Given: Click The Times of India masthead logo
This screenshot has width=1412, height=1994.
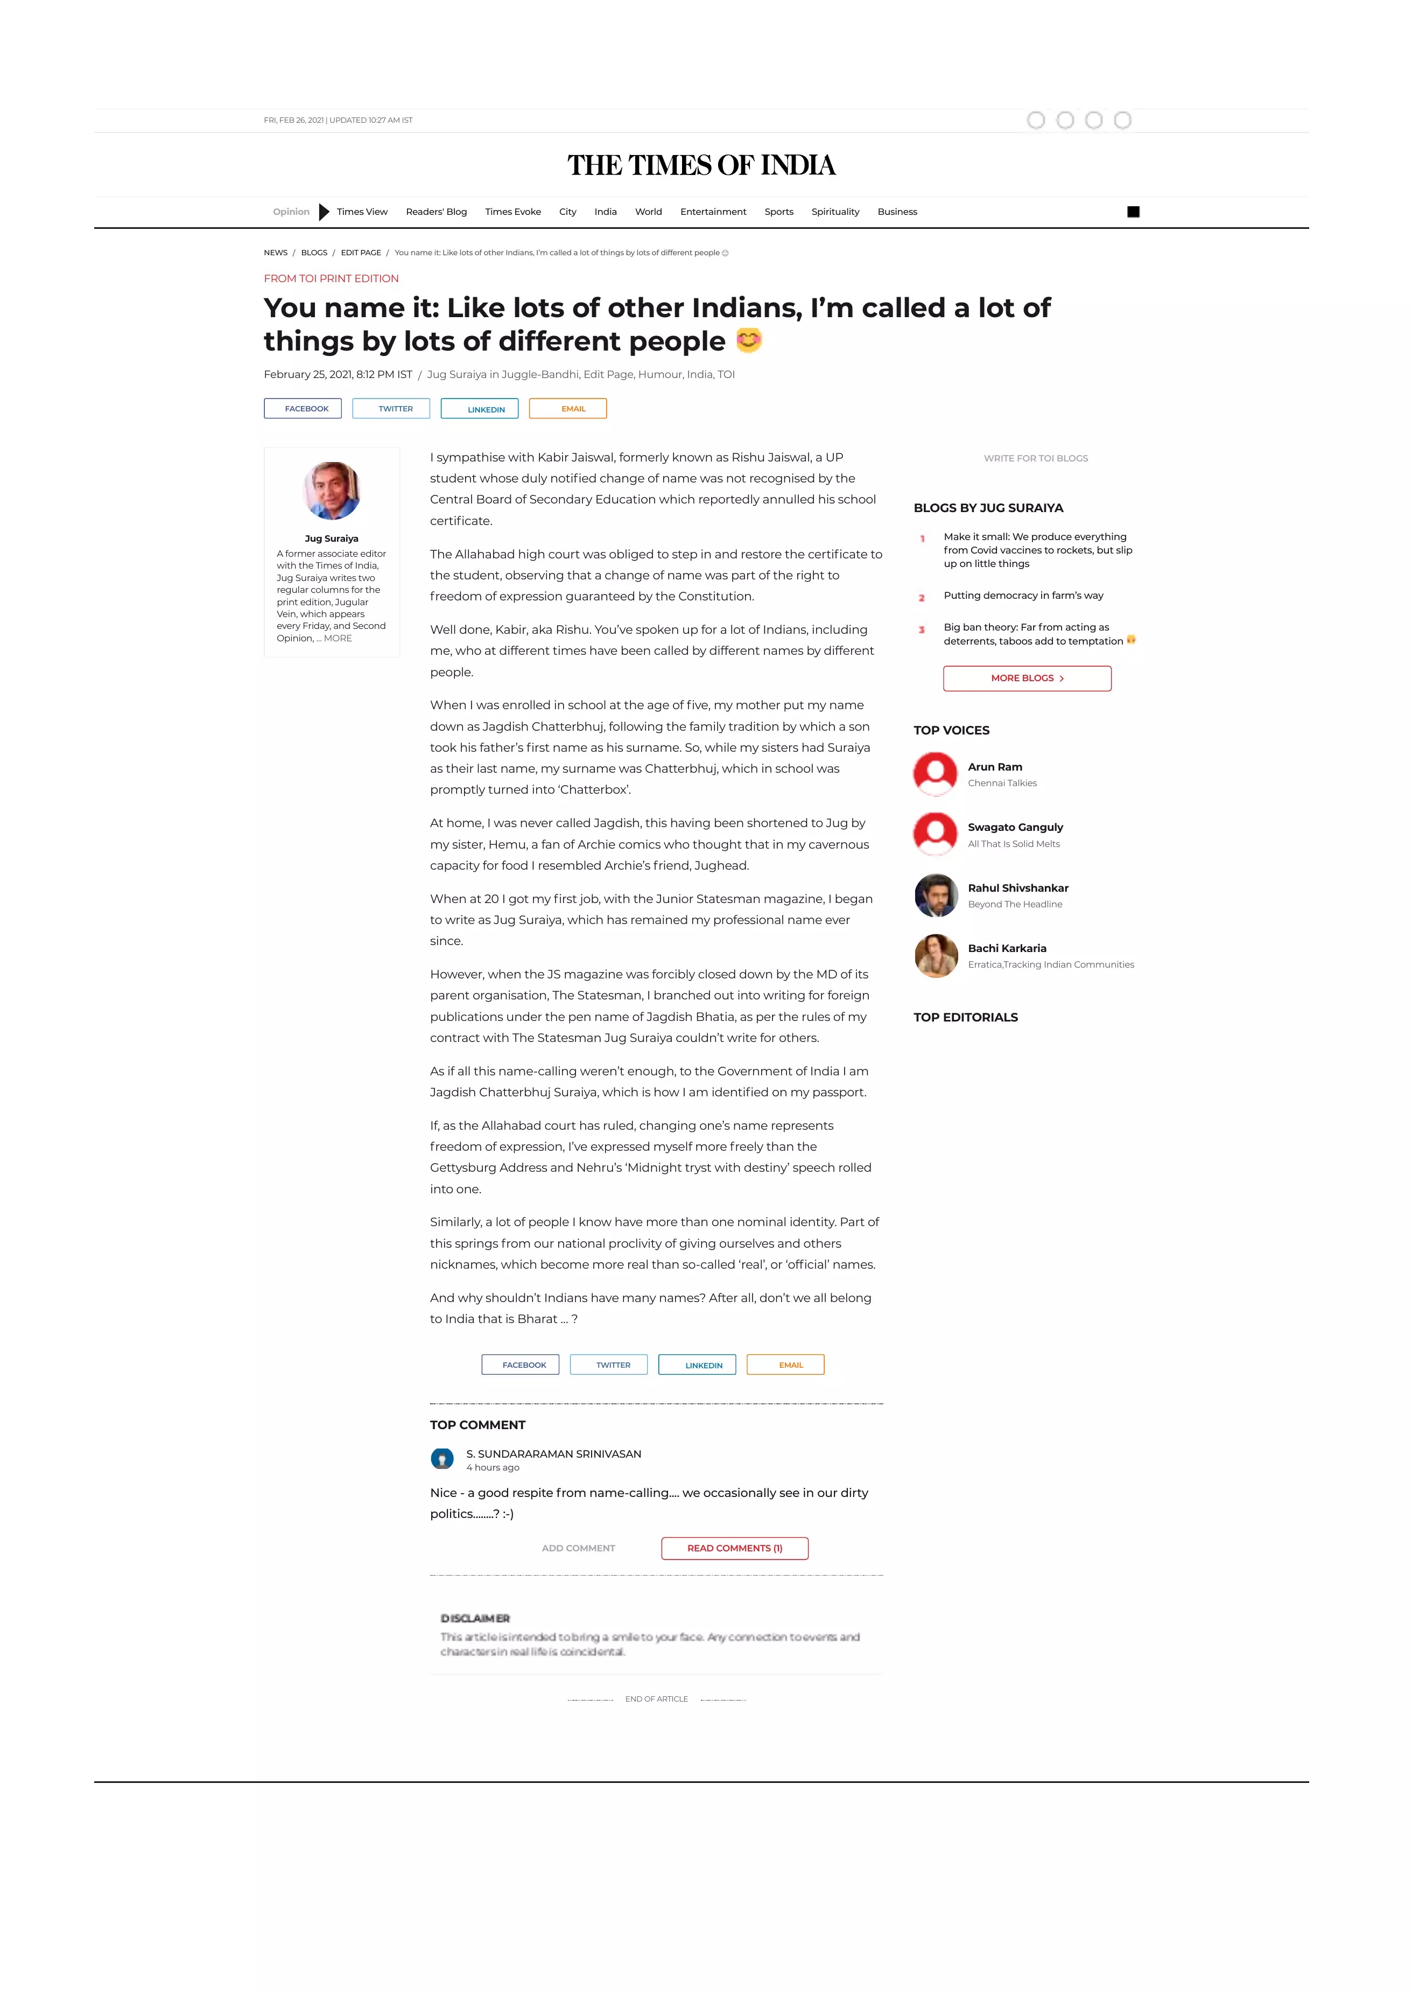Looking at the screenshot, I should click(701, 165).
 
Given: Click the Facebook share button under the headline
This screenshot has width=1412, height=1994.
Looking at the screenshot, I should click(303, 409).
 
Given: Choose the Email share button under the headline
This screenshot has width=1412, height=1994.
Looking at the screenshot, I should click(568, 409).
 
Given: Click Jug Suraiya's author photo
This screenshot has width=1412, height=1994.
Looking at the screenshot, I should click(331, 491).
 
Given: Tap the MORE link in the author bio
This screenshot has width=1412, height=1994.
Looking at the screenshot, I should click(338, 638).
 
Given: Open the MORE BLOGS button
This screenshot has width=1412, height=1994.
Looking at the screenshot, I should click(1027, 678).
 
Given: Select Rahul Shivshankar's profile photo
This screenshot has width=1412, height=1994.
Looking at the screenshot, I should click(936, 895).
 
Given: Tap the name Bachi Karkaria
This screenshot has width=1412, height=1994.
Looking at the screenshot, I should click(1007, 948).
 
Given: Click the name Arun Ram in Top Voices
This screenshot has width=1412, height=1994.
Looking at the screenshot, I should click(995, 767).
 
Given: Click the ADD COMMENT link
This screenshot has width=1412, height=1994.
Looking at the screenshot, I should click(578, 1548).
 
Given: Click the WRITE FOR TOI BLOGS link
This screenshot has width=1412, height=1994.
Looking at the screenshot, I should click(1036, 458).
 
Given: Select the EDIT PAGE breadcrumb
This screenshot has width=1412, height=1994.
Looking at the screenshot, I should click(361, 253).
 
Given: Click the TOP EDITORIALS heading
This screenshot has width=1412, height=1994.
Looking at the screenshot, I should click(965, 1017).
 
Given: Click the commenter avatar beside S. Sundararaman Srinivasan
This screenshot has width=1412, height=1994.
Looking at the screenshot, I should click(441, 1458).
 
